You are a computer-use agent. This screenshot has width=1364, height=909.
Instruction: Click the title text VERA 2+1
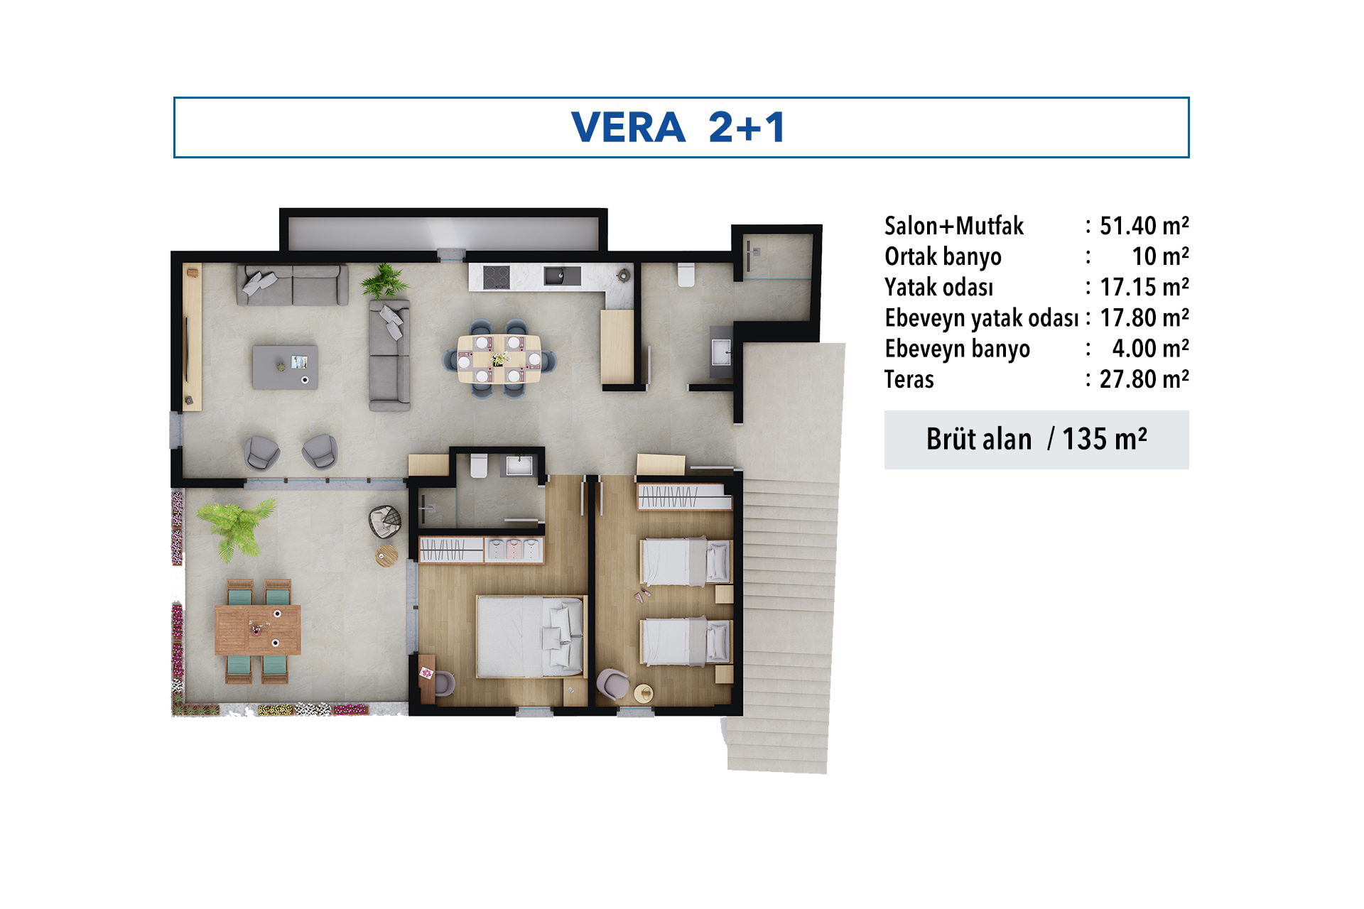(678, 128)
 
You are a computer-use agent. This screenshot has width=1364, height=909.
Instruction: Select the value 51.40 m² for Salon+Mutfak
(1144, 226)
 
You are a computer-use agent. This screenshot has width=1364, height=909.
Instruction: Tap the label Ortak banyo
(943, 256)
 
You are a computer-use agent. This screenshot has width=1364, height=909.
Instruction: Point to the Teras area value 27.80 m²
(1144, 379)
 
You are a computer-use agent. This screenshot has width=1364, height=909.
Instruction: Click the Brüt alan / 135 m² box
(1036, 440)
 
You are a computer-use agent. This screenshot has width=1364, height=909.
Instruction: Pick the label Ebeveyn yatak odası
(982, 318)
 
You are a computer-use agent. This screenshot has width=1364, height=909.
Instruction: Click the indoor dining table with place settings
(499, 359)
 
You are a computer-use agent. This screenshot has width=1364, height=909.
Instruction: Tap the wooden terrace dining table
(258, 629)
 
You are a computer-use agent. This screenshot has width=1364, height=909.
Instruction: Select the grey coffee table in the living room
(285, 367)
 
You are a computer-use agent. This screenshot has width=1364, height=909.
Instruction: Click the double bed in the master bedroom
(530, 636)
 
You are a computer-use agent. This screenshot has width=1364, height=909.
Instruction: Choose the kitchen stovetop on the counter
(496, 276)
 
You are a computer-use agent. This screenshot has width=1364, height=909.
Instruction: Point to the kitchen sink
(562, 276)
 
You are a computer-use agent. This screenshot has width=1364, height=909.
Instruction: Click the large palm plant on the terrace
(236, 526)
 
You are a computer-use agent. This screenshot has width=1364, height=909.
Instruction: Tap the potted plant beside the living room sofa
(384, 281)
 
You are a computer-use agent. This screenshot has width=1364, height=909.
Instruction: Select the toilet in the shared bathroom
(686, 274)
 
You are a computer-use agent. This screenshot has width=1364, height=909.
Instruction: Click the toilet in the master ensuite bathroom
(479, 465)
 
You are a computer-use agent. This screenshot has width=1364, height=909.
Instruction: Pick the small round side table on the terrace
(386, 555)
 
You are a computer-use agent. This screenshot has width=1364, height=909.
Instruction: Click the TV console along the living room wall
(193, 337)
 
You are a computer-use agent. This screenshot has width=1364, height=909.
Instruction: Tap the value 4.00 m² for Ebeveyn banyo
(1150, 349)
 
